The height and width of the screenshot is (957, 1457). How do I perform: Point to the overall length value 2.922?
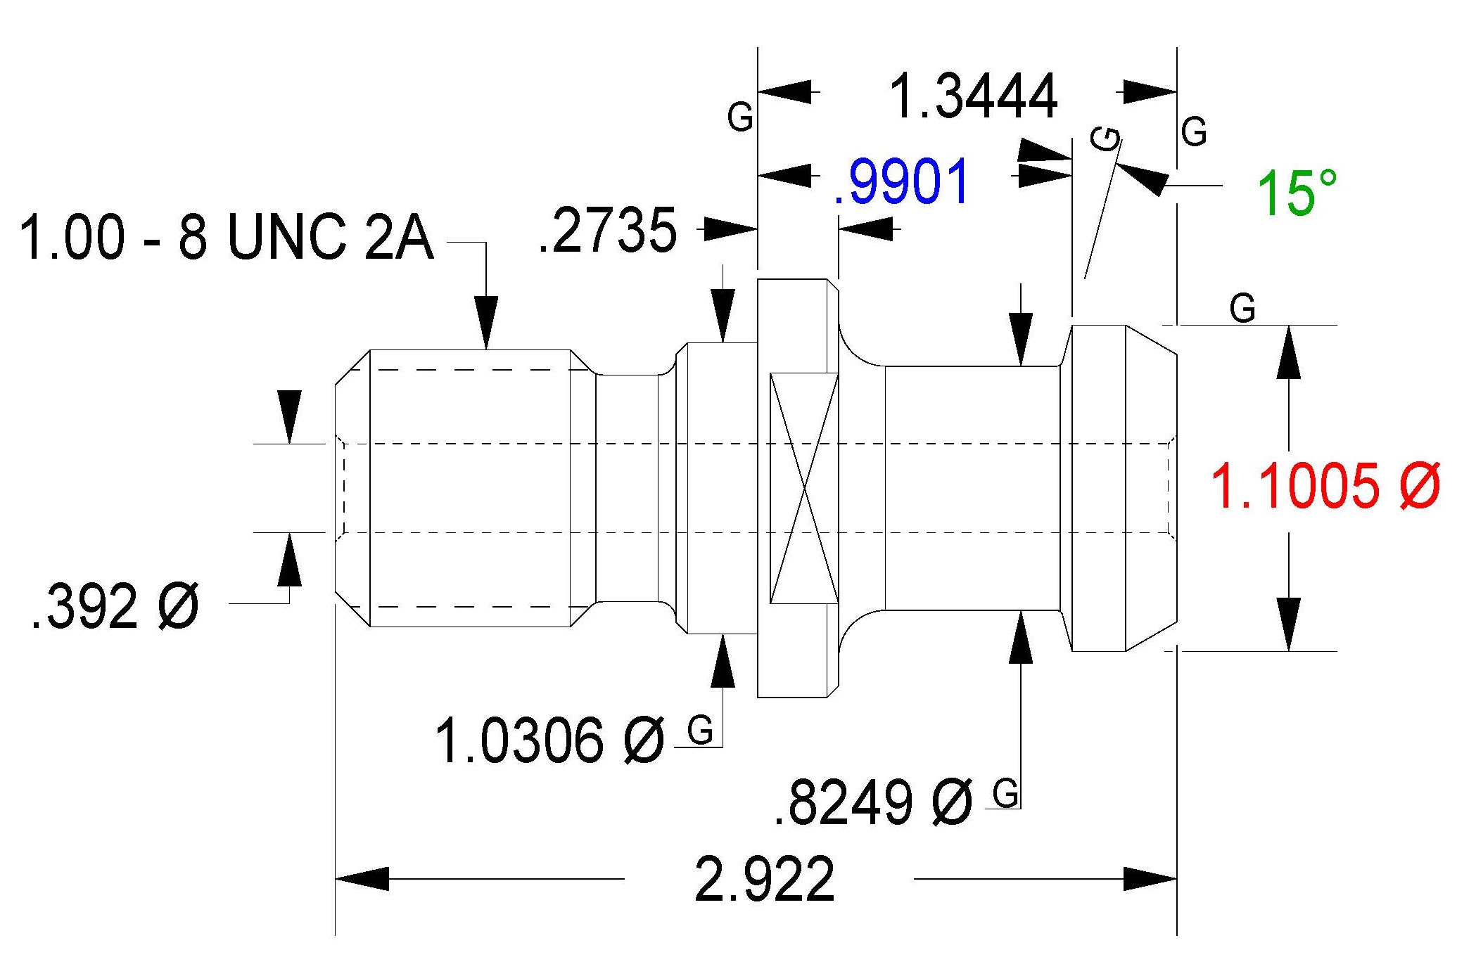pyautogui.click(x=765, y=879)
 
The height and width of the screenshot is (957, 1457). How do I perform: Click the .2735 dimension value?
pyautogui.click(x=606, y=230)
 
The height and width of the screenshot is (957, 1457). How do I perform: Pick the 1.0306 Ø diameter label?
pyautogui.click(x=549, y=740)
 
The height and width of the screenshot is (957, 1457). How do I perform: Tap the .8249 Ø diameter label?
pyautogui.click(x=873, y=802)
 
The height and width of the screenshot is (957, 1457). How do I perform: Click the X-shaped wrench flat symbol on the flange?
pyautogui.click(x=805, y=488)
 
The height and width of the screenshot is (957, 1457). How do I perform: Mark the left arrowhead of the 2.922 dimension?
pyautogui.click(x=362, y=879)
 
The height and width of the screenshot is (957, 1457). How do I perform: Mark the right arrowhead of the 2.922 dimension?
pyautogui.click(x=1151, y=879)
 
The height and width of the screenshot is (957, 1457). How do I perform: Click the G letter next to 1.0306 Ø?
pyautogui.click(x=701, y=731)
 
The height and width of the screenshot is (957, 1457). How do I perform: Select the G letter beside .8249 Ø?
pyautogui.click(x=1005, y=794)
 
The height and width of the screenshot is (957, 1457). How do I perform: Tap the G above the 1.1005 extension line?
pyautogui.click(x=1242, y=308)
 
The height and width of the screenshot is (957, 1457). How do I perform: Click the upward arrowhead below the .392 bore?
pyautogui.click(x=289, y=560)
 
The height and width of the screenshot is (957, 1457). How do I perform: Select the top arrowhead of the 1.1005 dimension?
pyautogui.click(x=1289, y=353)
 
